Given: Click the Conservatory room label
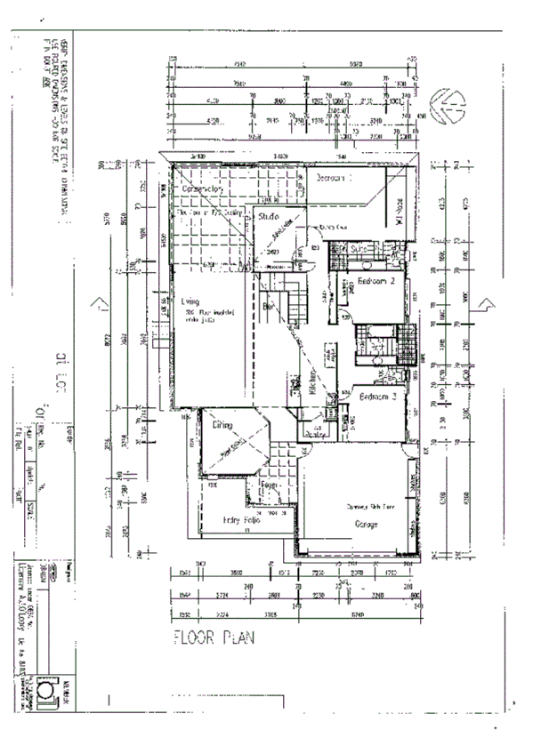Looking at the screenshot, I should click(201, 189).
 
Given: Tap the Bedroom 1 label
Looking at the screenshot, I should click(335, 178).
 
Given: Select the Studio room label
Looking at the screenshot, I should click(269, 217).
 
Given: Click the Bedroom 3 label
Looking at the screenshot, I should click(377, 397).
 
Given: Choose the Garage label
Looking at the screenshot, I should click(367, 524).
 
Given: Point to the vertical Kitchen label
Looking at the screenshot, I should click(313, 379).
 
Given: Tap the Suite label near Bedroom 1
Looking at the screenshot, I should click(359, 249).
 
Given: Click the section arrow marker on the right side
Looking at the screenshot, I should click(485, 306).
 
